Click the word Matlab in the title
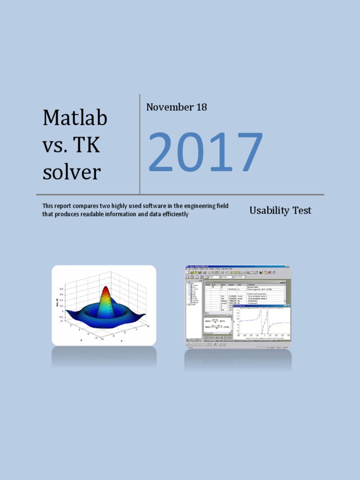click(x=75, y=118)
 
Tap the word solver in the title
click(x=72, y=172)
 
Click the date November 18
click(x=176, y=107)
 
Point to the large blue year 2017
click(x=205, y=152)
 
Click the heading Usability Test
click(x=280, y=210)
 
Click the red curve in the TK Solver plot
click(x=266, y=323)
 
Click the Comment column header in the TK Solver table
click(x=253, y=284)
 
